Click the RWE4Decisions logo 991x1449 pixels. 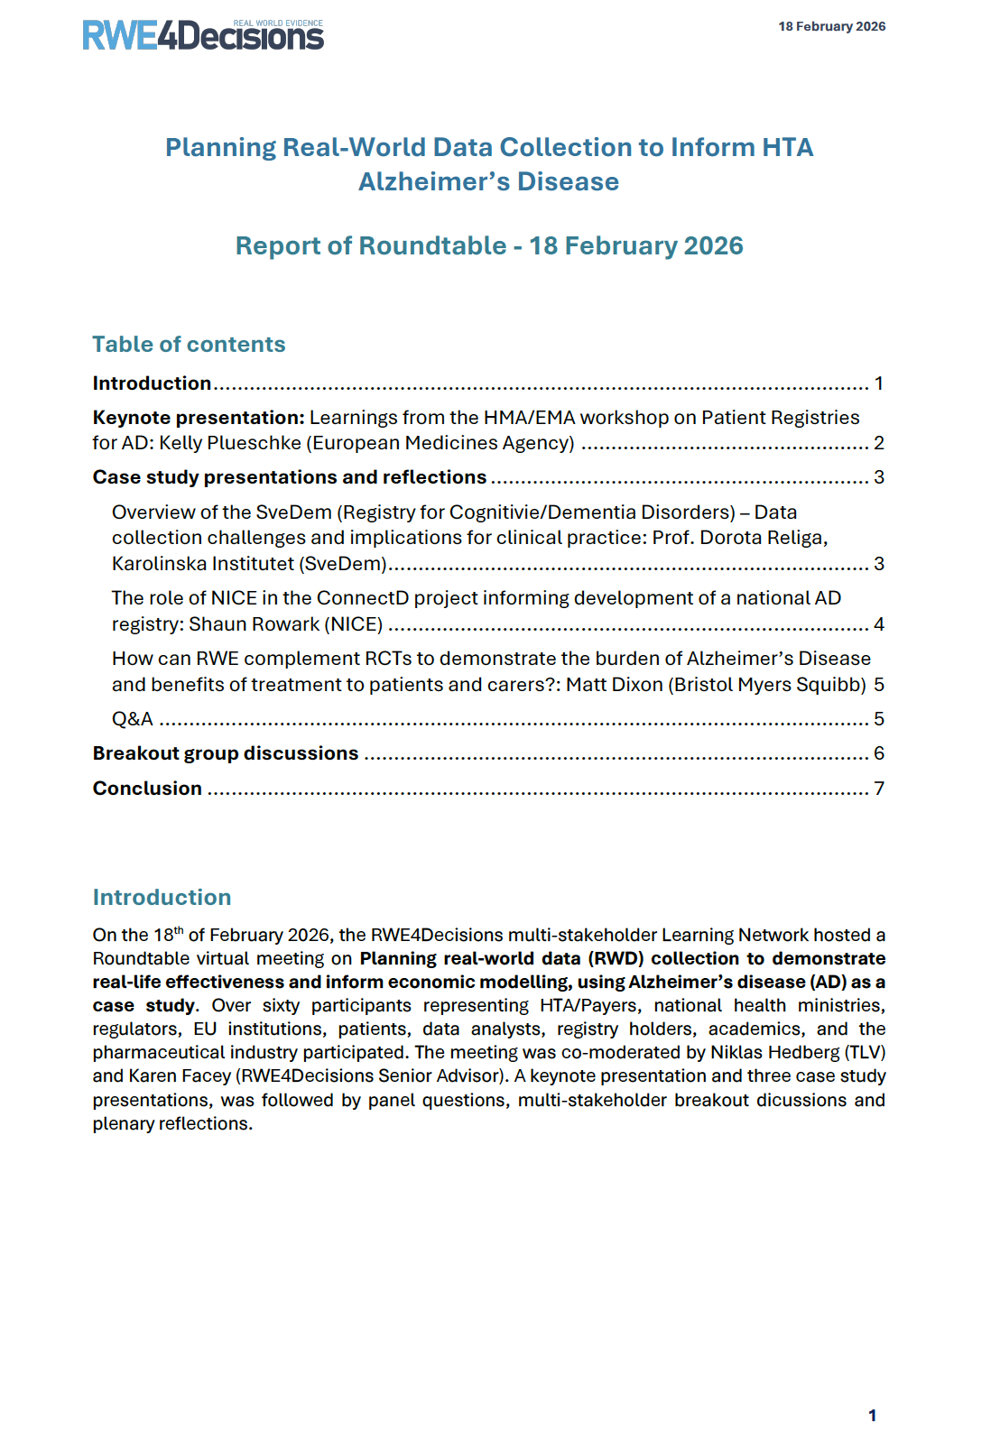(x=202, y=35)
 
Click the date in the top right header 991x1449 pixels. (x=831, y=26)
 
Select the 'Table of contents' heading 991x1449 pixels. (x=189, y=344)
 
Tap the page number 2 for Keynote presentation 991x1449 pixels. (x=878, y=443)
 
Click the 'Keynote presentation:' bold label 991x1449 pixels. (x=199, y=418)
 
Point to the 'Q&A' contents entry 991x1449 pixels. (x=133, y=719)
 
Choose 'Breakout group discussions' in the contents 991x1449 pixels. (x=226, y=753)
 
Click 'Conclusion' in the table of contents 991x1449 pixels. (x=147, y=789)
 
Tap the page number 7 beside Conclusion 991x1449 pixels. (x=878, y=789)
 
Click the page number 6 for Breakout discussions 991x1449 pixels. (x=878, y=753)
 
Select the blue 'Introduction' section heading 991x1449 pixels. (x=162, y=897)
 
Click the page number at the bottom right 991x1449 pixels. (x=872, y=1416)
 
